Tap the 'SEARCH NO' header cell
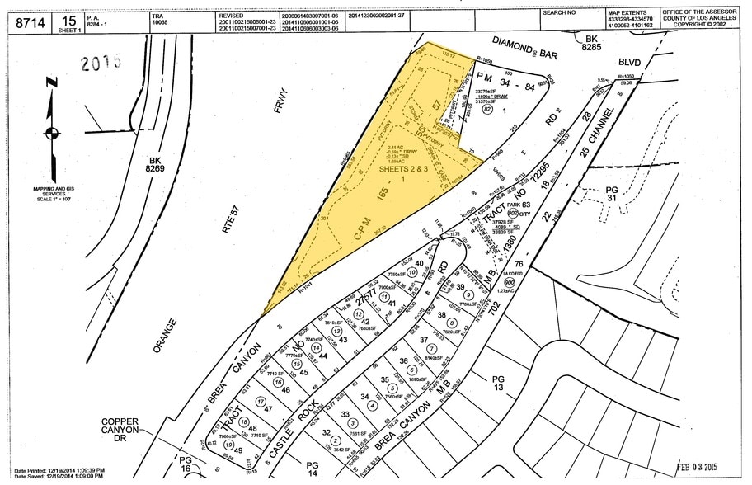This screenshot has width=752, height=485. coord(559,13)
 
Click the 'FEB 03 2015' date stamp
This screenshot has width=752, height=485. coord(703,467)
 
